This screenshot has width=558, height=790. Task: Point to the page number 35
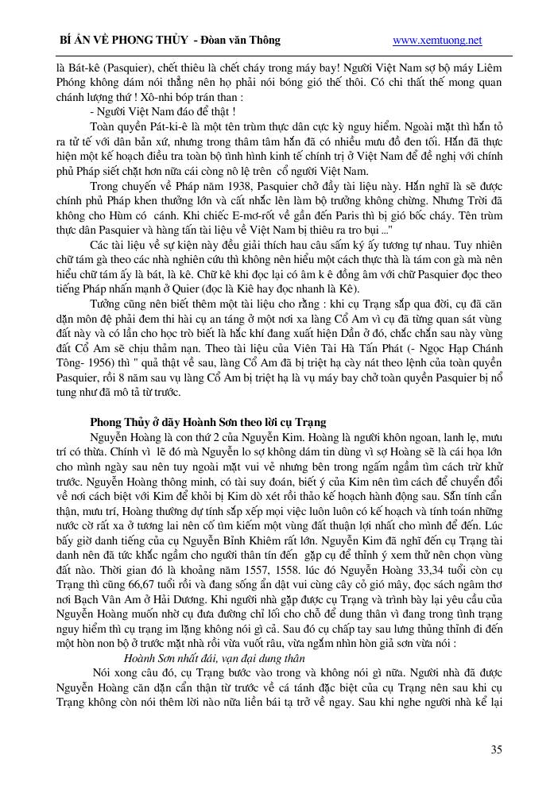tap(496, 749)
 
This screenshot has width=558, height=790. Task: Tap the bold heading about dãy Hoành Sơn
tap(208, 420)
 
